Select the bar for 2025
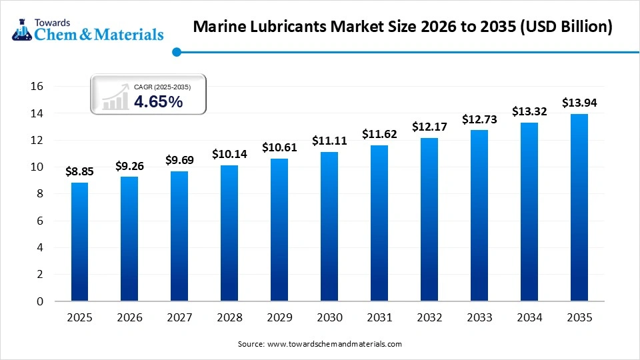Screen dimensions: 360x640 79,241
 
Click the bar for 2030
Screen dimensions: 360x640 329,227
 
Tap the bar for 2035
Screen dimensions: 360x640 579,207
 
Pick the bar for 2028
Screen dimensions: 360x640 229,233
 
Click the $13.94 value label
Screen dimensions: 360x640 579,103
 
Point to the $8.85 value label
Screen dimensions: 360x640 79,171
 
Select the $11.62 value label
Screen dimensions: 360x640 379,134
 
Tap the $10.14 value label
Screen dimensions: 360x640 229,154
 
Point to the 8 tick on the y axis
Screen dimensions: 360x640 40,194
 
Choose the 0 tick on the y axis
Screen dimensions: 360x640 40,301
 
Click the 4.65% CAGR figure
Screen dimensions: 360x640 159,101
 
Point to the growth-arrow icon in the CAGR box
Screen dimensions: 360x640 115,98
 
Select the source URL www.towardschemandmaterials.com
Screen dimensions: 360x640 334,344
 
